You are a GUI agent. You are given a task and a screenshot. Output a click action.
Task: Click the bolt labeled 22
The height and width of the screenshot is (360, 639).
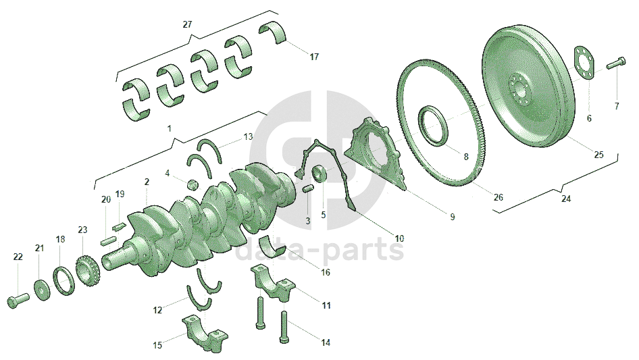pyautogui.click(x=18, y=300)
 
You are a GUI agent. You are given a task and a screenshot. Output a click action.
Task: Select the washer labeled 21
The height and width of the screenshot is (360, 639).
pyautogui.click(x=42, y=290)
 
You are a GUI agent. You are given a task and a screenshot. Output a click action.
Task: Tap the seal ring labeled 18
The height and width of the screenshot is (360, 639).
pyautogui.click(x=64, y=281)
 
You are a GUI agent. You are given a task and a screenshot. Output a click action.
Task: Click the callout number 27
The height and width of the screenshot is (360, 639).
pyautogui.click(x=187, y=24)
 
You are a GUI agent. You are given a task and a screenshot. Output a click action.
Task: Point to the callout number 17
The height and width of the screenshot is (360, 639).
pyautogui.click(x=314, y=57)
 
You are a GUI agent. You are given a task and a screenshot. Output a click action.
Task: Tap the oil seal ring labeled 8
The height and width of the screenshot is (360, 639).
pyautogui.click(x=434, y=126)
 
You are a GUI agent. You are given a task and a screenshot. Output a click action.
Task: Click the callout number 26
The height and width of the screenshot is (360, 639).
pyautogui.click(x=499, y=197)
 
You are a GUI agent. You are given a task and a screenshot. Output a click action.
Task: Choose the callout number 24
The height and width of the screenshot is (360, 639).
pyautogui.click(x=565, y=199)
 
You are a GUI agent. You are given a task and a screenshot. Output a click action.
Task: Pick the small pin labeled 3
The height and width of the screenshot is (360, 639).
pyautogui.click(x=309, y=188)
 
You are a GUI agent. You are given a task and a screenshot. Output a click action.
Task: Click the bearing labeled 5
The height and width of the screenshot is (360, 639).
pyautogui.click(x=320, y=174)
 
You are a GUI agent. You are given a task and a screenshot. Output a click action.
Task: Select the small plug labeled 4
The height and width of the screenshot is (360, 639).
pyautogui.click(x=193, y=186)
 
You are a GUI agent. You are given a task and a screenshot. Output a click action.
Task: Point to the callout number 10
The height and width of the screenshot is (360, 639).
pyautogui.click(x=399, y=238)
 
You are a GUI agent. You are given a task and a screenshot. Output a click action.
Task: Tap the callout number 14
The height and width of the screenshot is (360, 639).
pyautogui.click(x=325, y=342)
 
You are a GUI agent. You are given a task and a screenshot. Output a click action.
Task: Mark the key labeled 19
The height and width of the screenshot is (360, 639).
pyautogui.click(x=118, y=224)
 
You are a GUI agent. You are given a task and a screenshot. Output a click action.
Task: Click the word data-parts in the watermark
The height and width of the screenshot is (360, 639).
pyautogui.click(x=320, y=249)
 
